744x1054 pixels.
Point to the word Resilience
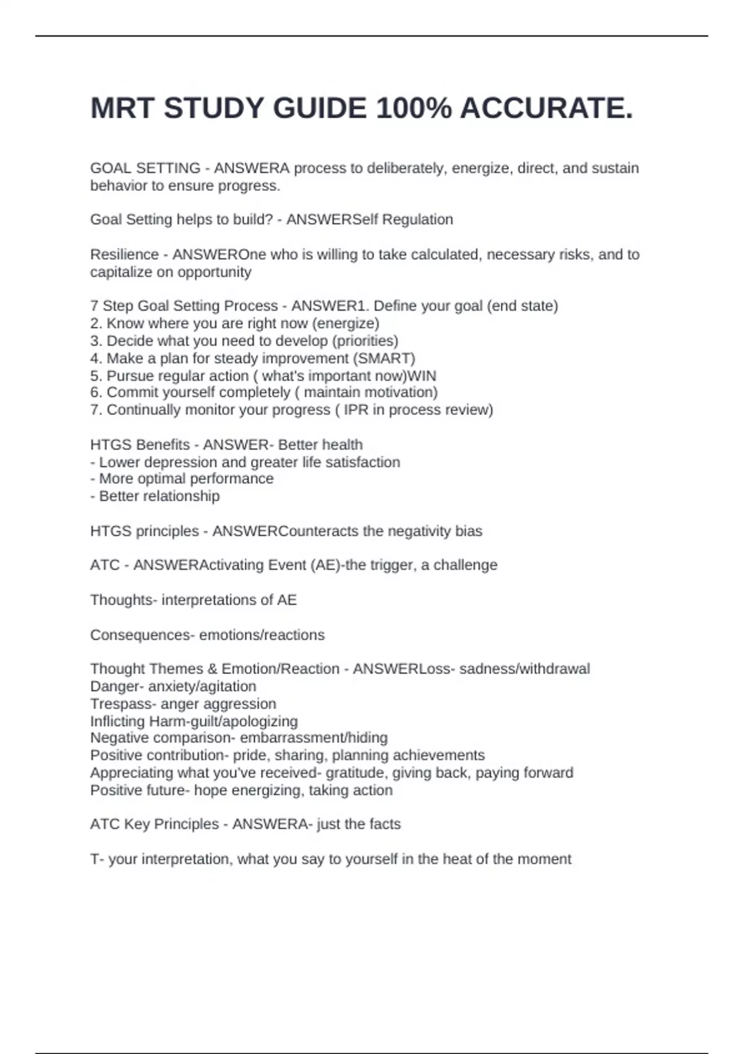(x=125, y=254)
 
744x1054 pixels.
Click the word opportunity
(x=215, y=272)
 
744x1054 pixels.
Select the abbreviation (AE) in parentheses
(x=324, y=565)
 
